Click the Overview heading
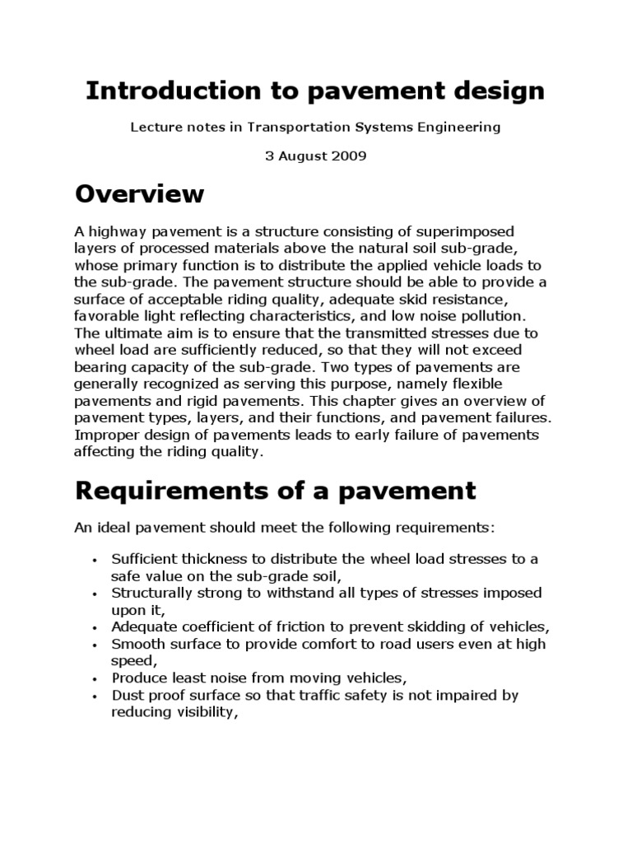[139, 194]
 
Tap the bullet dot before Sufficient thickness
[96, 561]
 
